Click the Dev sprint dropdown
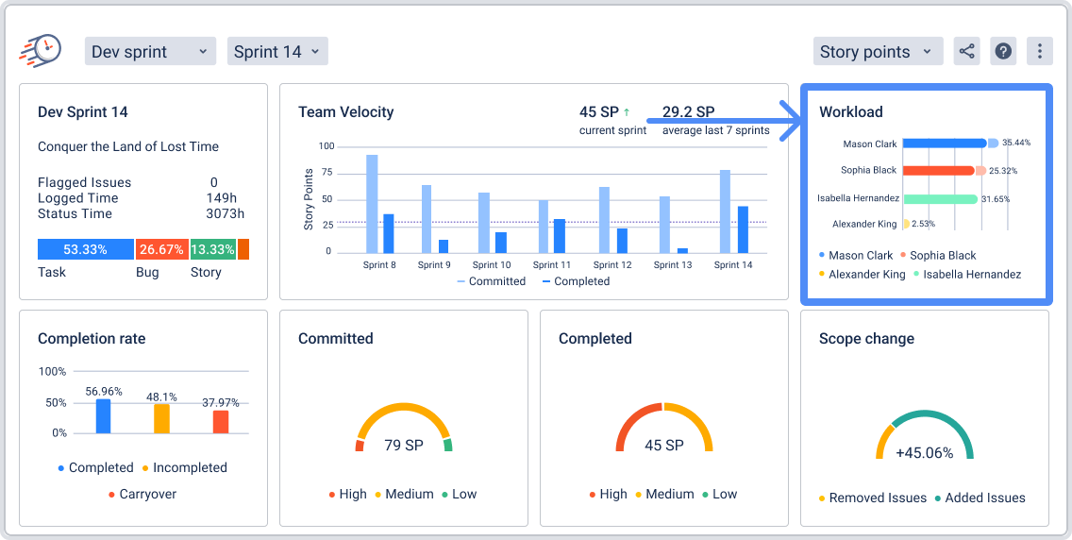point(150,52)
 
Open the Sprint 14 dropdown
point(276,52)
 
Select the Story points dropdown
point(878,52)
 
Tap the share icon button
point(966,52)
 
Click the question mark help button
point(1003,52)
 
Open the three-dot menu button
point(1039,52)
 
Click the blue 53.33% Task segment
point(85,249)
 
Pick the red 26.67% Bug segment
point(161,249)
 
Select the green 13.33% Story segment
point(212,249)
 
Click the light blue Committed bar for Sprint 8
point(372,203)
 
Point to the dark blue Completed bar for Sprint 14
point(743,229)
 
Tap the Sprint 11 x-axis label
point(551,265)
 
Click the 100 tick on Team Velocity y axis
point(327,146)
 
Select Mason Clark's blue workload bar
point(944,143)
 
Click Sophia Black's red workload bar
point(938,171)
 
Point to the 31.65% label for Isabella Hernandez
point(996,199)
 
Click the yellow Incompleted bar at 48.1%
point(162,418)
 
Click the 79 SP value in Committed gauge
point(404,445)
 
